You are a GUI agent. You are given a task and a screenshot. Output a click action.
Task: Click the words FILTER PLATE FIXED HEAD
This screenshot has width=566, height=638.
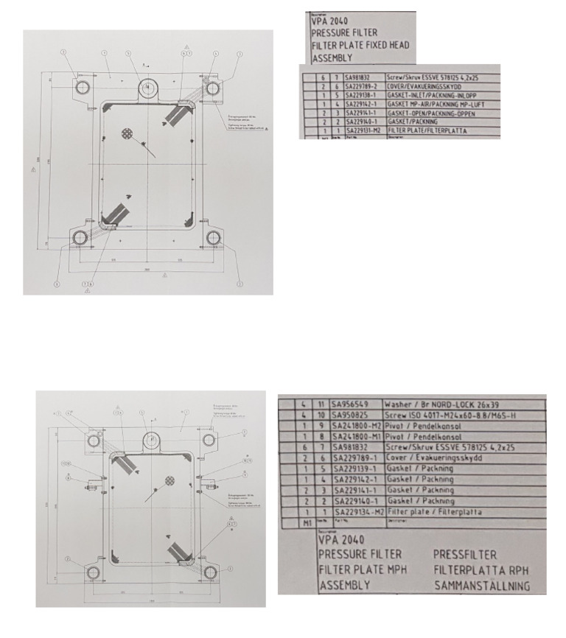(360, 45)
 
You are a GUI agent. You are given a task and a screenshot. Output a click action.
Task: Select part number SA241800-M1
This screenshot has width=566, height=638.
(357, 436)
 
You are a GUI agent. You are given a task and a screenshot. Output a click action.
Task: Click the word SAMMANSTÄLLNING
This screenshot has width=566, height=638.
(481, 586)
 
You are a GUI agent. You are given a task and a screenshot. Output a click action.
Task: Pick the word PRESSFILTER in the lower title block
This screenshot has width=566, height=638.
(464, 554)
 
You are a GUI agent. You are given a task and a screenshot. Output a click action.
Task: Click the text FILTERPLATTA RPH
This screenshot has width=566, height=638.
(481, 570)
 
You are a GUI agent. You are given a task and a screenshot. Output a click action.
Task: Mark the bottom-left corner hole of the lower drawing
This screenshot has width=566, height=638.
(92, 572)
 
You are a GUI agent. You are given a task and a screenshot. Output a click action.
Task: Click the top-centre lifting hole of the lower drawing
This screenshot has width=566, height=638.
(151, 439)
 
